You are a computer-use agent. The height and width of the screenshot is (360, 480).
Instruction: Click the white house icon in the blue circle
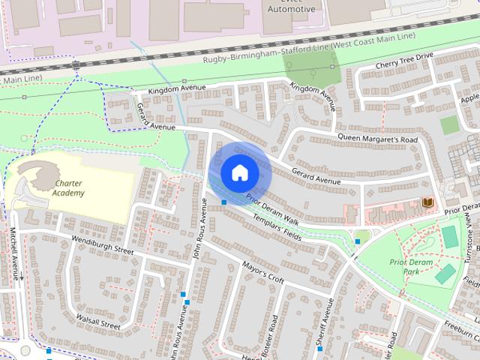(x=239, y=172)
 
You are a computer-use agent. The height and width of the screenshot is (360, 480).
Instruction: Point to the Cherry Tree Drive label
(x=404, y=60)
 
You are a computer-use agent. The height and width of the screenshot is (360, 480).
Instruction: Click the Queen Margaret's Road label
(x=377, y=139)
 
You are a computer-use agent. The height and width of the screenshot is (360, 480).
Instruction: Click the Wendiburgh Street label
(x=102, y=245)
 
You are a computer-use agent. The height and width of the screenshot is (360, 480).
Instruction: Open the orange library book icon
(x=427, y=203)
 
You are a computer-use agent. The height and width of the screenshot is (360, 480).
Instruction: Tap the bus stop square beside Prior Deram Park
(x=358, y=241)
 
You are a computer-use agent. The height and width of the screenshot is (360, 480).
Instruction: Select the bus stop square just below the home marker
(x=223, y=202)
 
